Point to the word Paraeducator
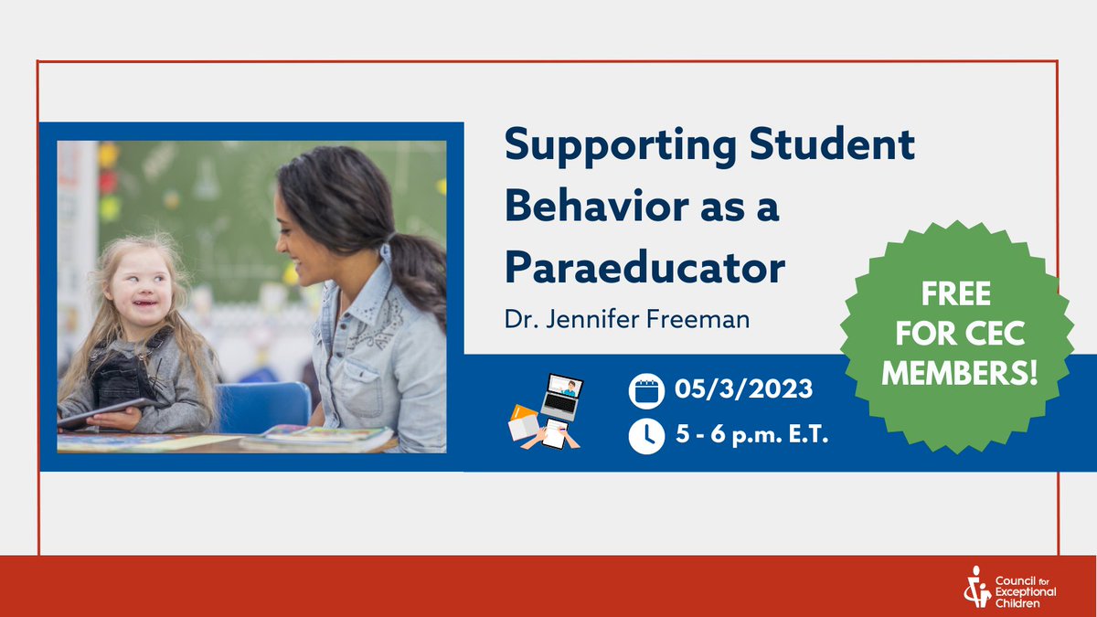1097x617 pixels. [644, 268]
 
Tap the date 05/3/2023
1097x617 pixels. [744, 389]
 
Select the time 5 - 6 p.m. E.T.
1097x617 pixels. [751, 437]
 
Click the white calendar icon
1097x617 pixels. [646, 390]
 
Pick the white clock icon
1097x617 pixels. [646, 437]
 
